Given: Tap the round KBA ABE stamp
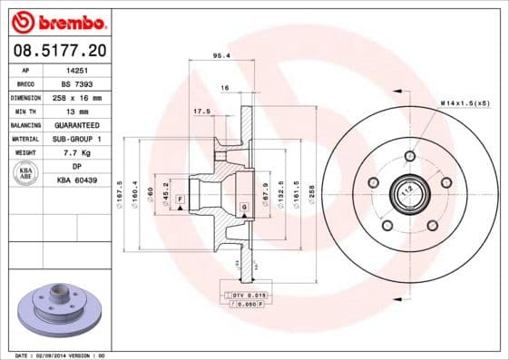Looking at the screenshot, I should coord(26,174).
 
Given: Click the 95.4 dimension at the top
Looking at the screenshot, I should coord(219,55).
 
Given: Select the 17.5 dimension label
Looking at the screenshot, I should coord(201,112).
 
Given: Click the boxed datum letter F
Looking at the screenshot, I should coord(180,198).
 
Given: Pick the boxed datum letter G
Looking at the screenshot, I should coord(244,209).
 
